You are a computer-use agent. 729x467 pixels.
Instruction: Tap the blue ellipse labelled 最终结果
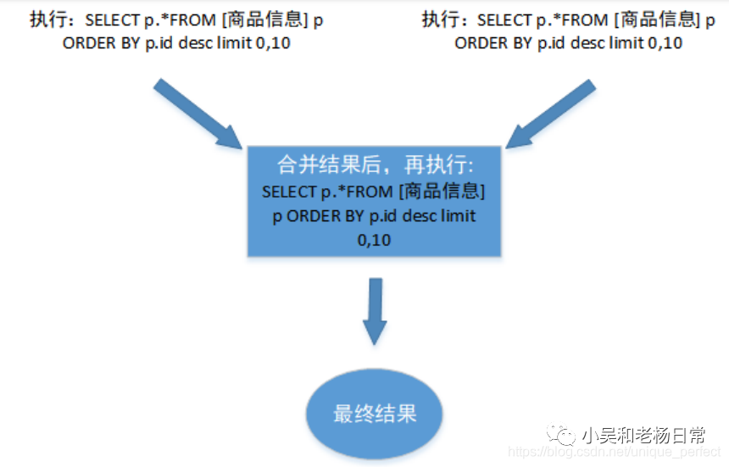pyautogui.click(x=375, y=414)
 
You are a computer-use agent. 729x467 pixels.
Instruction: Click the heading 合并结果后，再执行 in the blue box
pyautogui.click(x=375, y=163)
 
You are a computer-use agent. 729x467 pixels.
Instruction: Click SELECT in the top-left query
pyautogui.click(x=111, y=20)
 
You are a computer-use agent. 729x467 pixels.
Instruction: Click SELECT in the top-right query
pyautogui.click(x=504, y=20)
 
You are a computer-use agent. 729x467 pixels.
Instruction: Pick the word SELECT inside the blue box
pyautogui.click(x=288, y=191)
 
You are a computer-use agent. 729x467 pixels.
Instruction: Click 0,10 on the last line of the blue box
pyautogui.click(x=374, y=242)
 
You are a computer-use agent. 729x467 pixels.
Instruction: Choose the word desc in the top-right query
pyautogui.click(x=596, y=43)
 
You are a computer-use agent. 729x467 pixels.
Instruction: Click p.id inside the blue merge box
pyautogui.click(x=383, y=216)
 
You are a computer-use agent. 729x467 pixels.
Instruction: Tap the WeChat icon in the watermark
pyautogui.click(x=562, y=435)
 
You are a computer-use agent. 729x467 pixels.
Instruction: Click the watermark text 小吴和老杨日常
pyautogui.click(x=644, y=435)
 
